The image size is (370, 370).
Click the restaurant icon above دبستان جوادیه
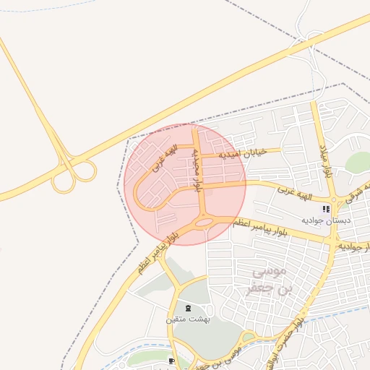point(326,209)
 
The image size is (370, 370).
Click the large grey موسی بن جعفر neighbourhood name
point(272,280)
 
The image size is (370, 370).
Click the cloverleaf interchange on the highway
point(74,173)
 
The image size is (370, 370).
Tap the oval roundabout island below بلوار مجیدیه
point(204,223)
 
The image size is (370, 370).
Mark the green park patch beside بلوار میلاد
point(356,163)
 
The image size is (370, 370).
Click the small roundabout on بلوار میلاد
point(334,200)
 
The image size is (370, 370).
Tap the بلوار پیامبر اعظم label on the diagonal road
point(154,254)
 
